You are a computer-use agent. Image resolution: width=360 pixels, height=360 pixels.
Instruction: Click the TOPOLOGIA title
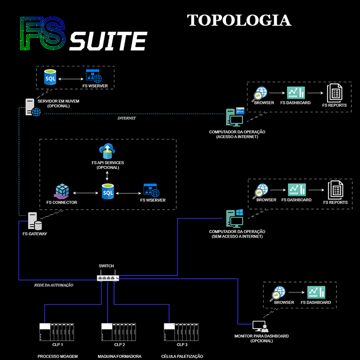point(239,20)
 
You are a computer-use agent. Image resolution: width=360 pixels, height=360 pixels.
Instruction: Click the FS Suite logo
point(84,35)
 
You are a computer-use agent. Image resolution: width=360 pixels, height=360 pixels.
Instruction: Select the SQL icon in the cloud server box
point(50,78)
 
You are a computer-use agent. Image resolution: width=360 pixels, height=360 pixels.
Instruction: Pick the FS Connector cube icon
point(61,191)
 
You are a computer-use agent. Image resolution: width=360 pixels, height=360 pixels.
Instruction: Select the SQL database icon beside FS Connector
point(108,191)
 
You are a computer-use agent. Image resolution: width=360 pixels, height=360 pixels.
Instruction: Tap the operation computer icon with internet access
point(235,117)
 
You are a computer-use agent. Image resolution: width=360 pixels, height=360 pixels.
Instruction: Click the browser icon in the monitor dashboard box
point(278,293)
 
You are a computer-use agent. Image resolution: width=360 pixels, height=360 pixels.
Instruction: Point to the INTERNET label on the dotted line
point(126,118)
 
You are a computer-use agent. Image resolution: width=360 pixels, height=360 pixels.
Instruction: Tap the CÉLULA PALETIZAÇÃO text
point(182,356)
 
